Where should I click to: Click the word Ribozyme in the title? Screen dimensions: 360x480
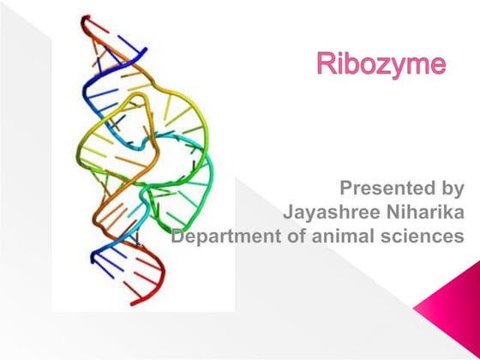381,64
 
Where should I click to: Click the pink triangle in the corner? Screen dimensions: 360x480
454,321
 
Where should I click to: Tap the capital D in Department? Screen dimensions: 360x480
178,234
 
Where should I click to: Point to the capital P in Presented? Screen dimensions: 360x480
348,187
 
